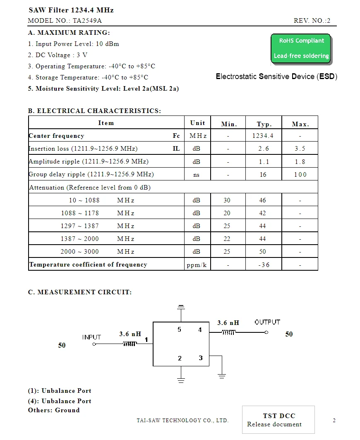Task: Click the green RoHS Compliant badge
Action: (x=301, y=48)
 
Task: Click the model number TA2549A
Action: (x=87, y=21)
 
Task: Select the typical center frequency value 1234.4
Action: (x=263, y=136)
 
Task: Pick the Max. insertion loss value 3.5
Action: (x=300, y=149)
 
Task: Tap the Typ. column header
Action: (x=264, y=124)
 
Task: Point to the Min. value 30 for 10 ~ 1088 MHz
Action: (x=227, y=200)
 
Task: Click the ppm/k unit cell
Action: (x=197, y=265)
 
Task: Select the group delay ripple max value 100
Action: (x=300, y=175)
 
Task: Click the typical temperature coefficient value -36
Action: (x=264, y=265)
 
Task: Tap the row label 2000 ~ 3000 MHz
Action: (x=97, y=252)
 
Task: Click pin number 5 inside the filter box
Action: (x=179, y=329)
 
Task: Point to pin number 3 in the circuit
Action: (x=201, y=358)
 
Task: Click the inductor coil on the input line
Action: (x=130, y=344)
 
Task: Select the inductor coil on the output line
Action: (x=228, y=332)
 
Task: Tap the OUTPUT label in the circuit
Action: (x=267, y=322)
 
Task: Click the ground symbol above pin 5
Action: (x=181, y=307)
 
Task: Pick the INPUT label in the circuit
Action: (x=91, y=337)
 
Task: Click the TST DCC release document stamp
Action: (x=278, y=420)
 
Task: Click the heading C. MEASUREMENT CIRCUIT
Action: (x=80, y=292)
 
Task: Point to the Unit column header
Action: (x=197, y=123)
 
